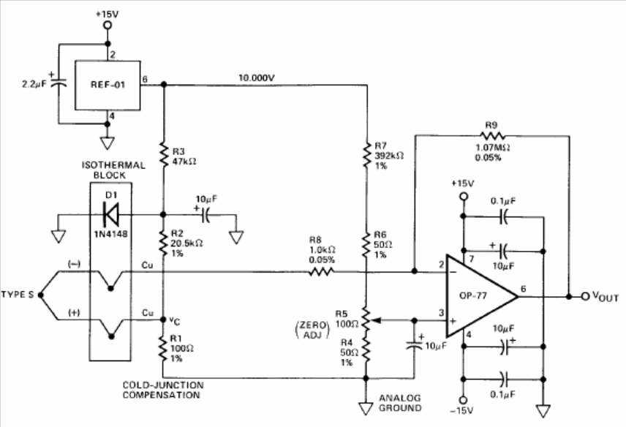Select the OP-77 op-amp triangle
[x=482, y=296]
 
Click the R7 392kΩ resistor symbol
[x=365, y=156]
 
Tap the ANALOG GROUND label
[x=400, y=402]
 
